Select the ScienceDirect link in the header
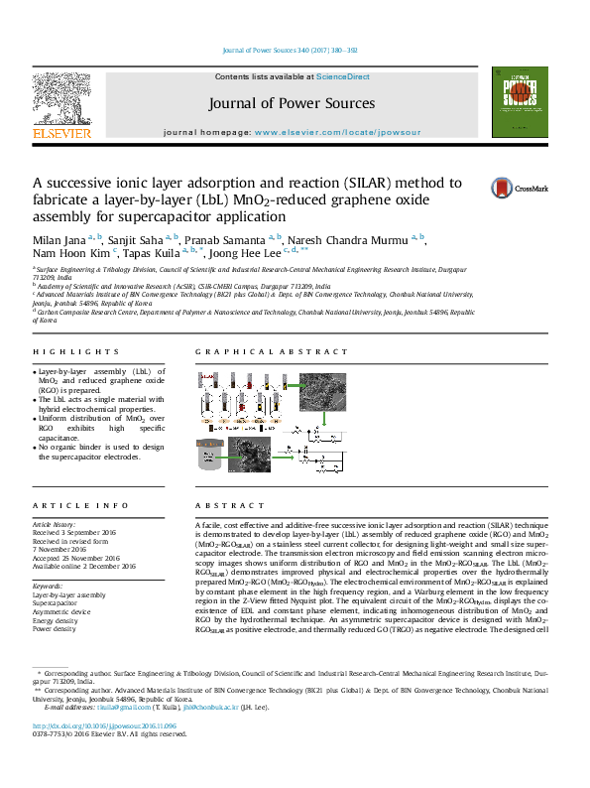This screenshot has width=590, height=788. tap(343, 76)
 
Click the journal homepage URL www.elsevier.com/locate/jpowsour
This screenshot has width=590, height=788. tap(337, 132)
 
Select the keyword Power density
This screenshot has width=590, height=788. tap(56, 629)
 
